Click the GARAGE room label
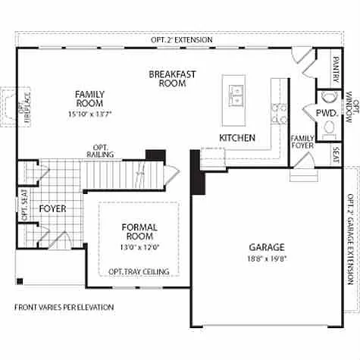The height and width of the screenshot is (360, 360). [x=266, y=247]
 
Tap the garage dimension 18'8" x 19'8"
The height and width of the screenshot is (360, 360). [x=266, y=258]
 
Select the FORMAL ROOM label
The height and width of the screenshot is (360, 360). [x=139, y=232]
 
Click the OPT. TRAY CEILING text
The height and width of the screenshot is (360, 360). [x=139, y=271]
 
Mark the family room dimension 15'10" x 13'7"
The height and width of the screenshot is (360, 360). [x=89, y=114]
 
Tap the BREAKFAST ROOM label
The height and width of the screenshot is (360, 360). [x=172, y=79]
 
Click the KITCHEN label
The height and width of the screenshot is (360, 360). [x=236, y=138]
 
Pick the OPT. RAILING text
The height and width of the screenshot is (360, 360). [x=103, y=151]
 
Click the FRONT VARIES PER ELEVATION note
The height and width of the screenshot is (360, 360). [x=64, y=308]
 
